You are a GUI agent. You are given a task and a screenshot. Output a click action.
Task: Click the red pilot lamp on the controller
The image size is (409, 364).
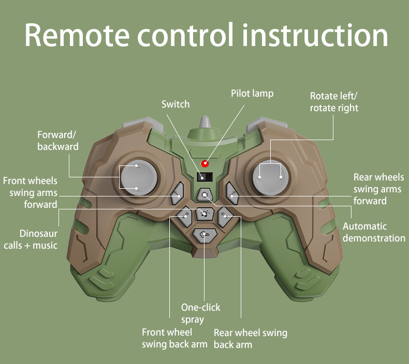tap(204, 164)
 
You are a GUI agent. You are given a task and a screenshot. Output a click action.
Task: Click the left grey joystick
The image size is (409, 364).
tap(138, 177)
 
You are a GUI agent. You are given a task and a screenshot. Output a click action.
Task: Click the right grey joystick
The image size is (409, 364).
tap(270, 177)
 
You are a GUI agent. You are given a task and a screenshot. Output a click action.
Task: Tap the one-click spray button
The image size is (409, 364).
tap(204, 235)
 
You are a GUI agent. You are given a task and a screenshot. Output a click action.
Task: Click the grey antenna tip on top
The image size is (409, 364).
tap(205, 122)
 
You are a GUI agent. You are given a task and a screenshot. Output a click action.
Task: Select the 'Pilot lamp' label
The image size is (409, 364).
tap(252, 94)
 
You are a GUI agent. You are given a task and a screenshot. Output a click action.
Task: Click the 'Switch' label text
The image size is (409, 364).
tap(176, 104)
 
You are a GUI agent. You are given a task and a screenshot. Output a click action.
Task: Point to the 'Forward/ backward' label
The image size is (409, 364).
tap(58, 141)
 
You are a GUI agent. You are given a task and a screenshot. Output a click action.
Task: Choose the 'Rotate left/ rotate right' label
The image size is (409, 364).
tap(334, 102)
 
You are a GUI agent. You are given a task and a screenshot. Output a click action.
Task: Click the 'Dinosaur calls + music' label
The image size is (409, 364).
tap(31, 239)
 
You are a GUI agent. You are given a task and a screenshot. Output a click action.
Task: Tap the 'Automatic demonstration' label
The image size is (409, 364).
tap(373, 232)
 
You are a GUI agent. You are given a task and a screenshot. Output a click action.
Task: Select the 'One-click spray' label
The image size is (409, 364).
tap(200, 313)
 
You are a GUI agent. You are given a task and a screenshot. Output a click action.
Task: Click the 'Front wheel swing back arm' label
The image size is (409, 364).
tap(174, 338)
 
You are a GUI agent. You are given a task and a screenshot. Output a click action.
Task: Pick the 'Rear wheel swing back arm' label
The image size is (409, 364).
tap(250, 339)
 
